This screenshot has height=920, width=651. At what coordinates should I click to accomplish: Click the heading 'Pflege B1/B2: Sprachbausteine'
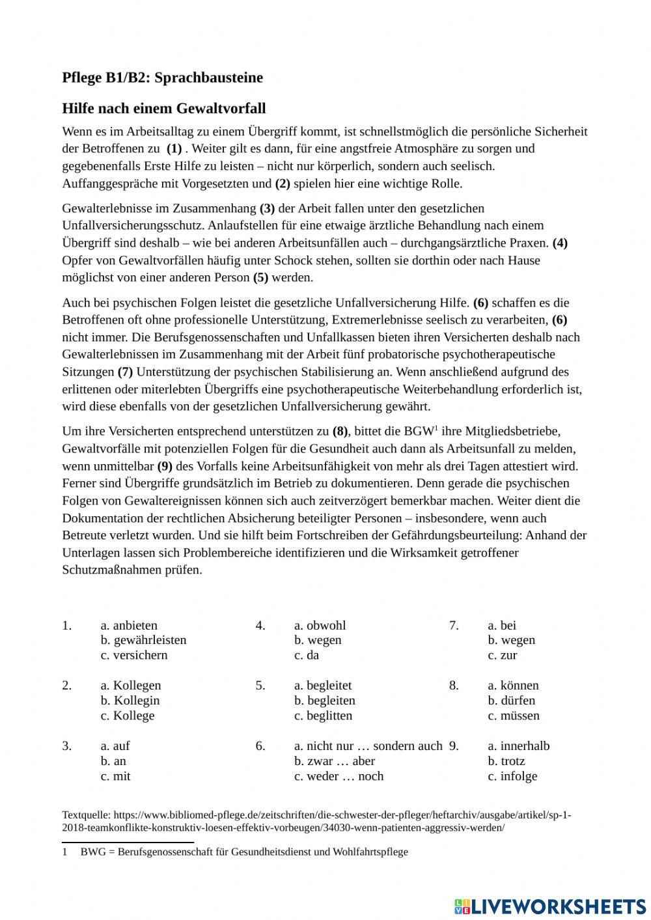[x=162, y=77]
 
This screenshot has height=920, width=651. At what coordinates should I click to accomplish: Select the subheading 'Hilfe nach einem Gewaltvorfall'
[x=163, y=108]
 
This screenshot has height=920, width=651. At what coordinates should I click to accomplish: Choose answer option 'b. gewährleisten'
[x=143, y=640]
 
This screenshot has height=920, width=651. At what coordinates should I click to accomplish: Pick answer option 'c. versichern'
[x=133, y=655]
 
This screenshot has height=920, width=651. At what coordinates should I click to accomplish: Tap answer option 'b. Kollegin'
[x=130, y=701]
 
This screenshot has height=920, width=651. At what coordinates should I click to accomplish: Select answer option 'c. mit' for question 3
[x=115, y=776]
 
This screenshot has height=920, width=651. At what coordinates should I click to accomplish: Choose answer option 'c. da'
[x=306, y=655]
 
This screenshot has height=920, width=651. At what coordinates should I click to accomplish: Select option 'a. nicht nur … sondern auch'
[x=368, y=746]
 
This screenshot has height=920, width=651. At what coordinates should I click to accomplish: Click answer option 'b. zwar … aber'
[x=334, y=761]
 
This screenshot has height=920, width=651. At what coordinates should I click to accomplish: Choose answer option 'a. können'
[x=513, y=685]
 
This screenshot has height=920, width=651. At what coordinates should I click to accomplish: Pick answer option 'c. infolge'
[x=512, y=776]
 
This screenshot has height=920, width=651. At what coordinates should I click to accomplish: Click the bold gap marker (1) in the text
[x=174, y=148]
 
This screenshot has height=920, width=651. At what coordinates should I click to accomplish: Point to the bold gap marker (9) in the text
[x=165, y=466]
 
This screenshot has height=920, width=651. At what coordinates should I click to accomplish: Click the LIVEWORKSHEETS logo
[x=549, y=906]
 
